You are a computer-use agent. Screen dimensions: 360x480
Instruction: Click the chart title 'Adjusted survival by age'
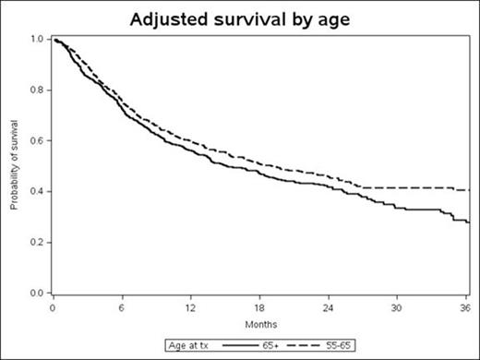coord(240,18)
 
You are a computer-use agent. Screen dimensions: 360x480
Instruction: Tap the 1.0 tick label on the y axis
coord(36,40)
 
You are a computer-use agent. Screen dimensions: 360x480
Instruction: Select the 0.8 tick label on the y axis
coord(36,90)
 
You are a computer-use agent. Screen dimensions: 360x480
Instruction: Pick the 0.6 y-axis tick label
coord(36,141)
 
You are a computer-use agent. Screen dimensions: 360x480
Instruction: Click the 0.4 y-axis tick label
coord(36,192)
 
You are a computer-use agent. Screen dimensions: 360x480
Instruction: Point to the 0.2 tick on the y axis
coord(36,243)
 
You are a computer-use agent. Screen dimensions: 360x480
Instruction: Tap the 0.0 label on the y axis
coord(36,294)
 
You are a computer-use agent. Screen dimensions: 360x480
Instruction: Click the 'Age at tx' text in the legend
coord(188,345)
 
